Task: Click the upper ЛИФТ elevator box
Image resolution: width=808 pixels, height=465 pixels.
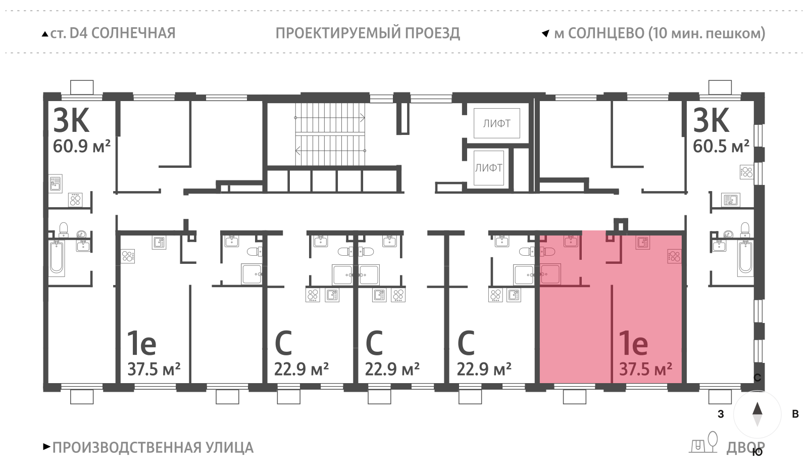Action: (496, 123)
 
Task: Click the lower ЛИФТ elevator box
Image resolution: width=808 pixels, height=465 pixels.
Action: (488, 168)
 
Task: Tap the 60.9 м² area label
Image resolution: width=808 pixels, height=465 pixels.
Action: (81, 146)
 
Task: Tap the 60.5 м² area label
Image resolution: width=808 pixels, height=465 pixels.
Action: (721, 146)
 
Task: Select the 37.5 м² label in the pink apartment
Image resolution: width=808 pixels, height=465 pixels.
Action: (645, 369)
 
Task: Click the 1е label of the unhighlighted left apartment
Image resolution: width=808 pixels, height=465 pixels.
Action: (141, 344)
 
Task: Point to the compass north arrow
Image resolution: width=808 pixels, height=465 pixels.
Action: (757, 408)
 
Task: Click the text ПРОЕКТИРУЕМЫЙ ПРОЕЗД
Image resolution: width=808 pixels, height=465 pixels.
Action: (368, 33)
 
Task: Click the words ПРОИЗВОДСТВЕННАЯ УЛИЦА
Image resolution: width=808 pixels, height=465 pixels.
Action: (153, 447)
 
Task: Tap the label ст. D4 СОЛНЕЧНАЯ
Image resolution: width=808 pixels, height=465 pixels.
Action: (112, 33)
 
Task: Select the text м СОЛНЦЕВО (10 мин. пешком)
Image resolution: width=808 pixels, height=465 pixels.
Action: (659, 33)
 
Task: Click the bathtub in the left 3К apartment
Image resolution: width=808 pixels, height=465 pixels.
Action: (57, 257)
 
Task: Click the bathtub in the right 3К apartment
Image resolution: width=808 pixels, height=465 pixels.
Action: (745, 257)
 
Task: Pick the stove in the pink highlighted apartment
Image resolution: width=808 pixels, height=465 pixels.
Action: (674, 256)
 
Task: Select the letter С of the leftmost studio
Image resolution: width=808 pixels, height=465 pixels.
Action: (283, 344)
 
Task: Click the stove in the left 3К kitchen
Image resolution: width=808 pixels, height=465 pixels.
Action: (75, 200)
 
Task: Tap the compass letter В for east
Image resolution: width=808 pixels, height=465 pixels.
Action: (795, 414)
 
